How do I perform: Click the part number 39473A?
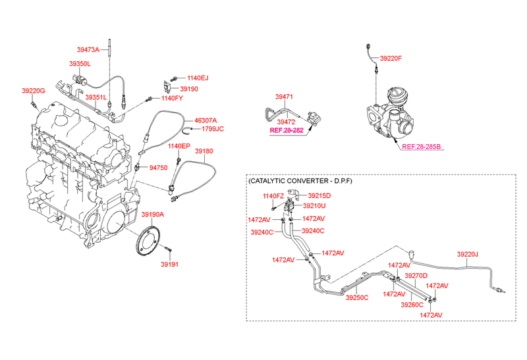click(88, 49)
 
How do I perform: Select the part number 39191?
click(169, 265)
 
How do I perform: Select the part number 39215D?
click(319, 195)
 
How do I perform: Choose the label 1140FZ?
click(273, 196)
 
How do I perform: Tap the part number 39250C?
click(358, 297)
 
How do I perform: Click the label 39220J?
click(468, 253)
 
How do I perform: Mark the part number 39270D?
click(416, 275)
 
